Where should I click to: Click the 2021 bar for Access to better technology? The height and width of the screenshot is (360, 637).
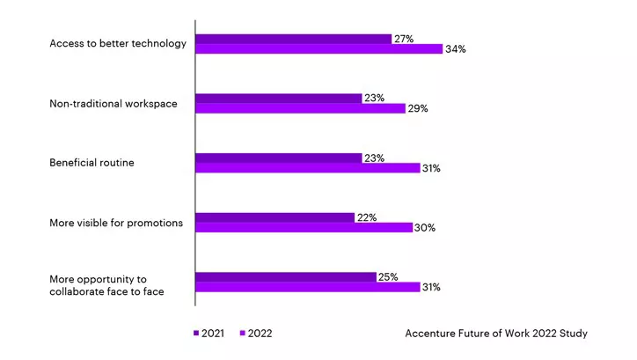tap(293, 39)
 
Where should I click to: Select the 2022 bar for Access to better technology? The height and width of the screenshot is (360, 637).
tap(318, 49)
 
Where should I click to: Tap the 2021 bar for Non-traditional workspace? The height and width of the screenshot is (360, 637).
tap(278, 99)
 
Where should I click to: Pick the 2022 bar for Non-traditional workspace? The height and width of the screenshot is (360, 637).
tap(300, 108)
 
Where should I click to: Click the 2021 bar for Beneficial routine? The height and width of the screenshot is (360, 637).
tap(278, 158)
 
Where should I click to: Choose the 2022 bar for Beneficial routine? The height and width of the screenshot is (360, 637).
tap(307, 168)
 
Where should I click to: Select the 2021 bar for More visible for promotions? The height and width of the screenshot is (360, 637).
tap(275, 217)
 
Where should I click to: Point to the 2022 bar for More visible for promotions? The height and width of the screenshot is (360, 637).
tap(304, 227)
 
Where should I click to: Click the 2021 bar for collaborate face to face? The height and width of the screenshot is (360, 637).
tap(285, 276)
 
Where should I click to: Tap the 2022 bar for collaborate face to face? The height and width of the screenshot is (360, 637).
tap(307, 287)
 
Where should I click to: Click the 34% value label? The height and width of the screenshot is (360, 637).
tap(455, 49)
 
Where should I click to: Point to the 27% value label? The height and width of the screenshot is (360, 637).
tap(404, 39)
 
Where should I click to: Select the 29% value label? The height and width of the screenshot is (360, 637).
tap(418, 108)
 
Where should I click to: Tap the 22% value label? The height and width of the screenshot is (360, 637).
tap(367, 217)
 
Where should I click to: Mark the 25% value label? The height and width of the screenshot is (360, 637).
tap(388, 276)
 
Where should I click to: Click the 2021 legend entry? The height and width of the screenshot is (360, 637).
tap(209, 334)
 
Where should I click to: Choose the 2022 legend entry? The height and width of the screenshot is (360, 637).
tap(256, 334)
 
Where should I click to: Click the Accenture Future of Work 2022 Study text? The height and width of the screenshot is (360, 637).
tap(496, 334)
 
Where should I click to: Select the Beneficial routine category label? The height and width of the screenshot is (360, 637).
tap(92, 163)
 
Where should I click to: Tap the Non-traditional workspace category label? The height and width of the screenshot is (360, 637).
tap(113, 104)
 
